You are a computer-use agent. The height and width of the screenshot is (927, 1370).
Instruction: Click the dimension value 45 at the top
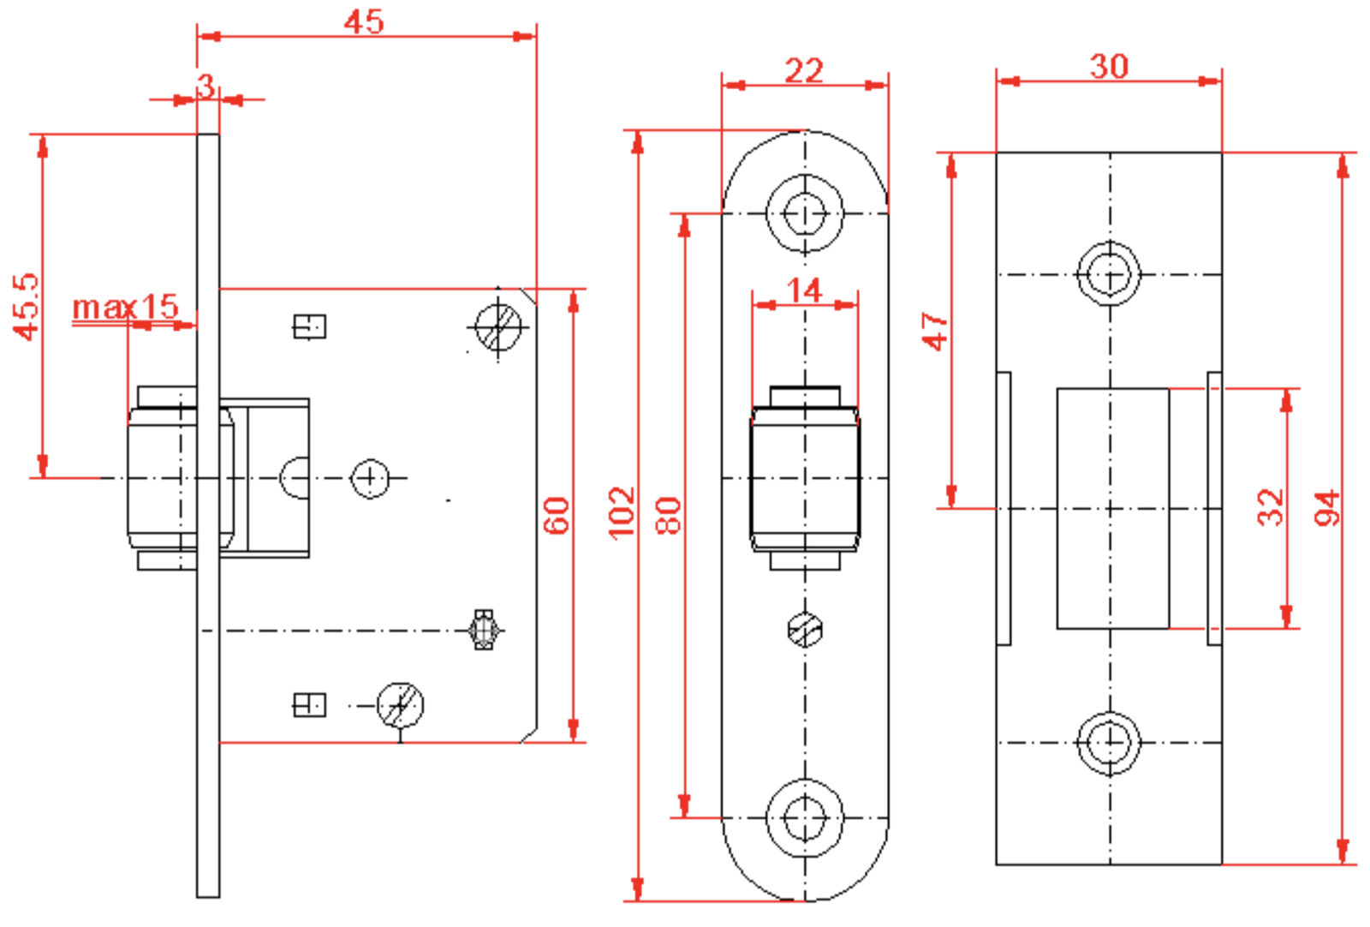point(364,21)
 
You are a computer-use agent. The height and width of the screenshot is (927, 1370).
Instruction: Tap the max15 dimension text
point(125,306)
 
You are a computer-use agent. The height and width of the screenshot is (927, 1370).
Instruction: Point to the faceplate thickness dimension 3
point(205,86)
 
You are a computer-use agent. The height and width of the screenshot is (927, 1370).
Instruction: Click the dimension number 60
point(557,515)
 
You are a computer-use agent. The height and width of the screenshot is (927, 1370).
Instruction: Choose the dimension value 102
point(622,512)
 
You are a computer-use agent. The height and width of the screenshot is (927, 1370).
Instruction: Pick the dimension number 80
point(669,514)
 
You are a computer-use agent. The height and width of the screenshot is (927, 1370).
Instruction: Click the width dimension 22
point(804,70)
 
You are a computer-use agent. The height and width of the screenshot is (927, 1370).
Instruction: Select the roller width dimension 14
point(804,290)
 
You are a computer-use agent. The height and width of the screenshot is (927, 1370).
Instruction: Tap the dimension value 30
point(1109,66)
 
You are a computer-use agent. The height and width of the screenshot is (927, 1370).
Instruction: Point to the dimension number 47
point(935,331)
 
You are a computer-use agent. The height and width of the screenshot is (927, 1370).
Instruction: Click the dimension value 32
point(1271,506)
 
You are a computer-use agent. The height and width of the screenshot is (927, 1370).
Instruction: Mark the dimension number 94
point(1328,508)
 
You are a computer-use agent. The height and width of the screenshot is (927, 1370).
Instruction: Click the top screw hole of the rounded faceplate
point(805,213)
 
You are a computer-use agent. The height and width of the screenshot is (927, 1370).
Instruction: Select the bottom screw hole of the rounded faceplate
point(805,817)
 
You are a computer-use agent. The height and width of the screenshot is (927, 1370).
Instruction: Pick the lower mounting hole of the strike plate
point(1109,742)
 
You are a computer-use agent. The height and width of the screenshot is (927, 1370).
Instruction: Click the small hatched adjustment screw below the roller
point(805,631)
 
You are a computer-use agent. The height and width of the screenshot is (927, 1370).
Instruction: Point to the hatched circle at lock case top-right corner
point(498,326)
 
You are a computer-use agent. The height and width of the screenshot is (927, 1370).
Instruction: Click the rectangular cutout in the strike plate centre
point(1112,508)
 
